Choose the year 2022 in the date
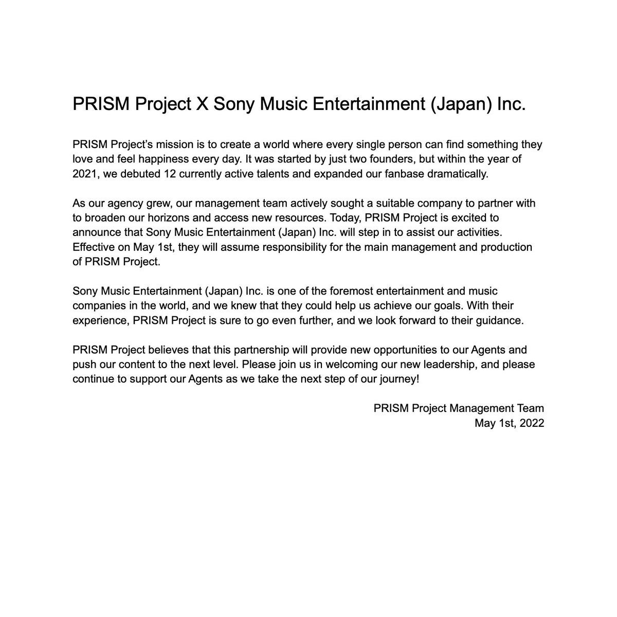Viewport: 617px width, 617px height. click(x=531, y=423)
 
